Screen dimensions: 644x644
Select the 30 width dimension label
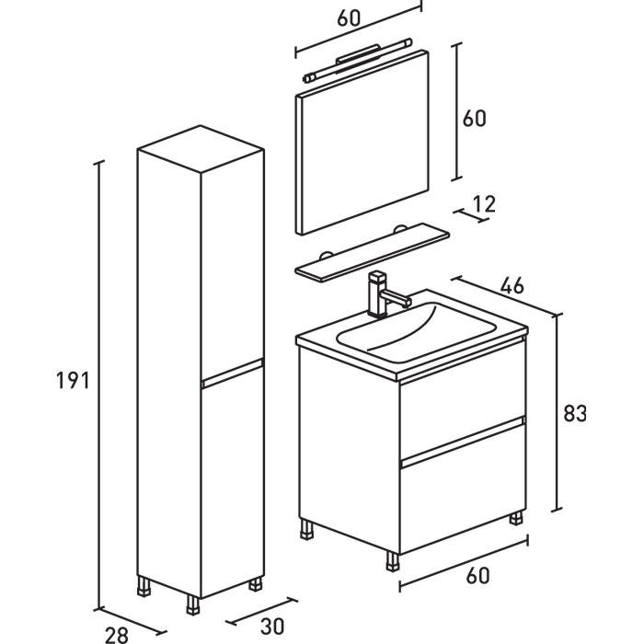pyautogui.click(x=272, y=627)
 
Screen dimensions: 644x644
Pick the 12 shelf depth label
pyautogui.click(x=483, y=203)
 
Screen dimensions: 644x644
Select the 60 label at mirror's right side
pyautogui.click(x=474, y=119)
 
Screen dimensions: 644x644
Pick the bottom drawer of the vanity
pyautogui.click(x=461, y=497)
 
